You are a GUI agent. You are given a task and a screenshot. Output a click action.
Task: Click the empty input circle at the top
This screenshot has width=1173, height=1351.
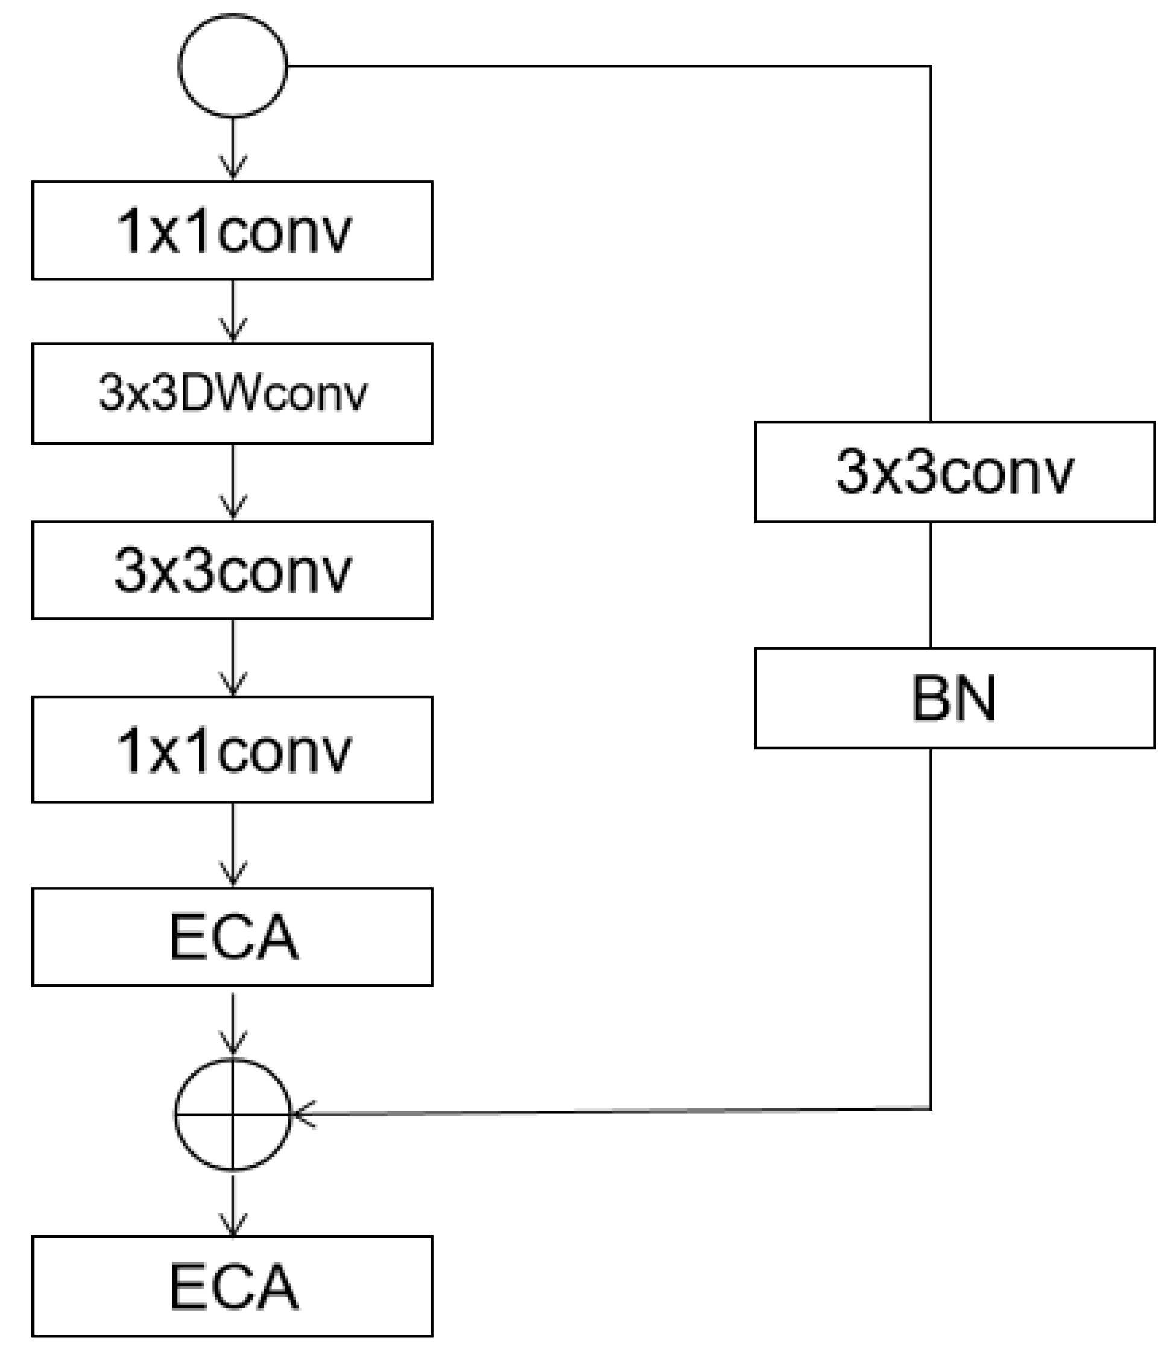click(x=232, y=66)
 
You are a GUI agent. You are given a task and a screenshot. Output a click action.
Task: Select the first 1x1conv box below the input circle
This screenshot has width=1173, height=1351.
click(x=232, y=230)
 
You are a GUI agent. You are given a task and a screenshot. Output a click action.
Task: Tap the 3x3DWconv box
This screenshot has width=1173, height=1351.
click(x=232, y=393)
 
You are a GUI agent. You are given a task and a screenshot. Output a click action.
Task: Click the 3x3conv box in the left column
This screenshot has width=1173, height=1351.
click(x=232, y=570)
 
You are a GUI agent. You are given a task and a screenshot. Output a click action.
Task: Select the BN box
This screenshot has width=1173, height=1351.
click(x=954, y=699)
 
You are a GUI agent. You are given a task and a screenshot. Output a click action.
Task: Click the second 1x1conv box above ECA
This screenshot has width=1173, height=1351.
click(x=232, y=750)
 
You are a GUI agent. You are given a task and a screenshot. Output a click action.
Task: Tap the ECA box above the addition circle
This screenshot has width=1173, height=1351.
click(x=232, y=937)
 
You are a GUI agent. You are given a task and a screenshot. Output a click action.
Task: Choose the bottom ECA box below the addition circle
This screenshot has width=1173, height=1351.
click(x=232, y=1286)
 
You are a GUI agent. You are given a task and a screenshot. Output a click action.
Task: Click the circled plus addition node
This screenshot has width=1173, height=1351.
click(x=232, y=1114)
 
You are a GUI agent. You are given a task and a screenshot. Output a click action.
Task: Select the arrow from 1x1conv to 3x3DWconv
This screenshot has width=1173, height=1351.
click(x=233, y=311)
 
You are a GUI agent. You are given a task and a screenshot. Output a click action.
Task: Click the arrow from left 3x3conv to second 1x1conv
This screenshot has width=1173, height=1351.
click(x=233, y=658)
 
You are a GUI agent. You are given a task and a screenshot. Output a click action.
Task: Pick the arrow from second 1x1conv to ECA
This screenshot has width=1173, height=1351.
click(x=233, y=845)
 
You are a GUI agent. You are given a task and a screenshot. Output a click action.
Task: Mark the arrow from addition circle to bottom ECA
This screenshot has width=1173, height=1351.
click(x=233, y=1205)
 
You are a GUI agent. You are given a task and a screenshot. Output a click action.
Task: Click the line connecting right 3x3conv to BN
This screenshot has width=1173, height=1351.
click(x=931, y=585)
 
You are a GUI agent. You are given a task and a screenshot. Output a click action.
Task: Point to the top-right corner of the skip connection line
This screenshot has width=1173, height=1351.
click(x=931, y=66)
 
